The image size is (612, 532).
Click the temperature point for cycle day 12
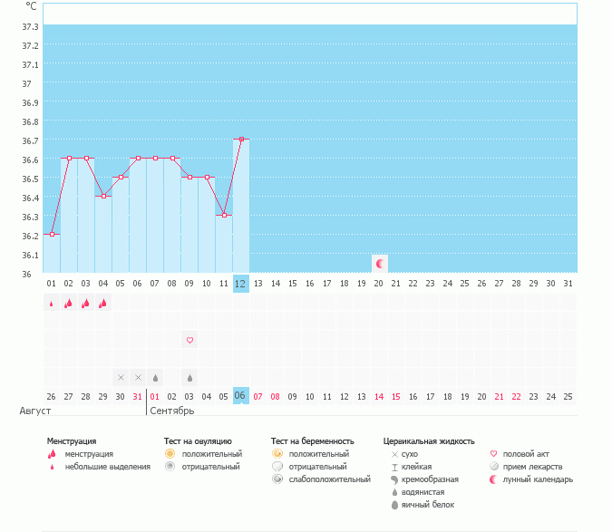(240, 140)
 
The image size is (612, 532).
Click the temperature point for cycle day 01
(52, 234)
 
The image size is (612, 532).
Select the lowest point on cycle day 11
(224, 215)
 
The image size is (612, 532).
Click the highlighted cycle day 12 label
(240, 283)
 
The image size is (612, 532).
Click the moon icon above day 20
(380, 264)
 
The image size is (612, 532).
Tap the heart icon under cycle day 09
(189, 341)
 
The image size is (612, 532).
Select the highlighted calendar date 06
(240, 396)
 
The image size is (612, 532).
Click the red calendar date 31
(137, 396)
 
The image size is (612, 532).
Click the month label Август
(30, 411)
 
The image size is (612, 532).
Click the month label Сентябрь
(172, 411)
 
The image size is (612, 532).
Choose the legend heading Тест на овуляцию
(191, 441)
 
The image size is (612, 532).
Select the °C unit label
(31, 6)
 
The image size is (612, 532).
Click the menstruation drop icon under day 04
(102, 304)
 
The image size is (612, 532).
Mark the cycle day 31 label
(568, 283)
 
